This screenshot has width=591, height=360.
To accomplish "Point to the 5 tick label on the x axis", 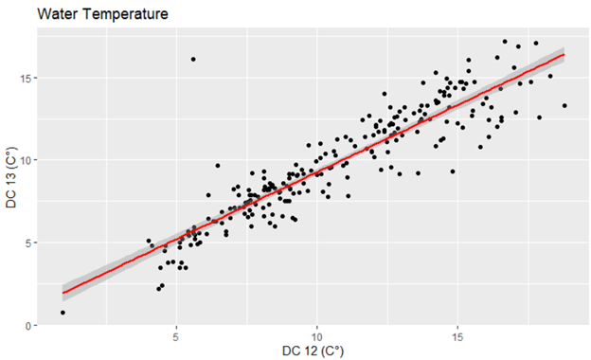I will pyautogui.click(x=176, y=336).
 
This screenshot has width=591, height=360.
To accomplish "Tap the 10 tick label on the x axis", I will pyautogui.click(x=316, y=336).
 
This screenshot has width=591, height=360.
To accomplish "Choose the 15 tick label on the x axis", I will pyautogui.click(x=457, y=336).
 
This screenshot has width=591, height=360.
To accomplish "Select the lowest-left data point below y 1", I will pyautogui.click(x=63, y=312).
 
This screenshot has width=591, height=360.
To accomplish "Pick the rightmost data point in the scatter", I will pyautogui.click(x=564, y=106).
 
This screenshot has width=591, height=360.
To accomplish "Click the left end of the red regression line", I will pyautogui.click(x=63, y=292).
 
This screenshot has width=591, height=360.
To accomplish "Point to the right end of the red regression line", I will pyautogui.click(x=564, y=54).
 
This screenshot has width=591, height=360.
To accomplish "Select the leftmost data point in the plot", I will pyautogui.click(x=63, y=312).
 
